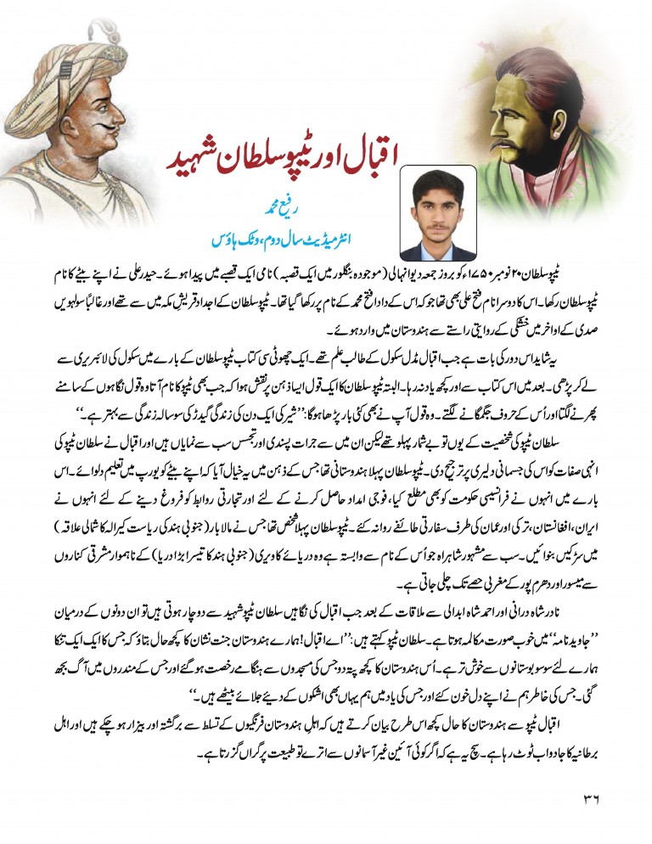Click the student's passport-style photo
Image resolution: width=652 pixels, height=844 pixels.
438,212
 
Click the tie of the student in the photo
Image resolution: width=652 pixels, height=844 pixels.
438,251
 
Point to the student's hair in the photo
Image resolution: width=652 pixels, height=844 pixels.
438,181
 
